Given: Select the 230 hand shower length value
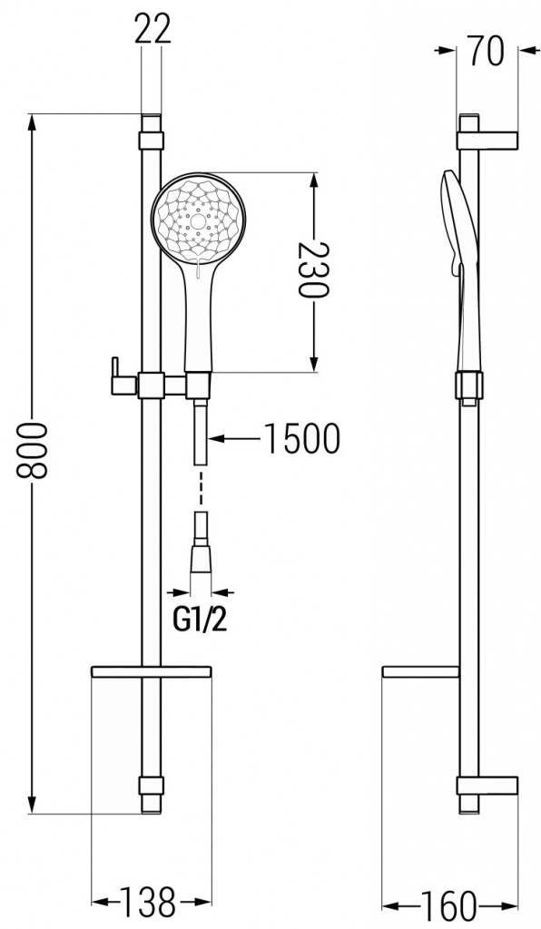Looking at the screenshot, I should pos(314,271).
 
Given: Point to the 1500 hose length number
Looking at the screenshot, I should pos(301,439).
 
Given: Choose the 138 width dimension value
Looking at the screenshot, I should pos(151,904).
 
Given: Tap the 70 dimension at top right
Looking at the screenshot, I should pos(487,52).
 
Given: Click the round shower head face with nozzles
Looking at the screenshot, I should pos(199,218).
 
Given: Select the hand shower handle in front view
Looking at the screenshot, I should pos(199,318).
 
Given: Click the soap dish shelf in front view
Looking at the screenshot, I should pos(152,672).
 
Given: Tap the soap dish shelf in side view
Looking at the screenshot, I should pos(421,672).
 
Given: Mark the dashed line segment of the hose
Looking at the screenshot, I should pos(200,490).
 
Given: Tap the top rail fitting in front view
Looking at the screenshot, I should pos(152,141).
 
